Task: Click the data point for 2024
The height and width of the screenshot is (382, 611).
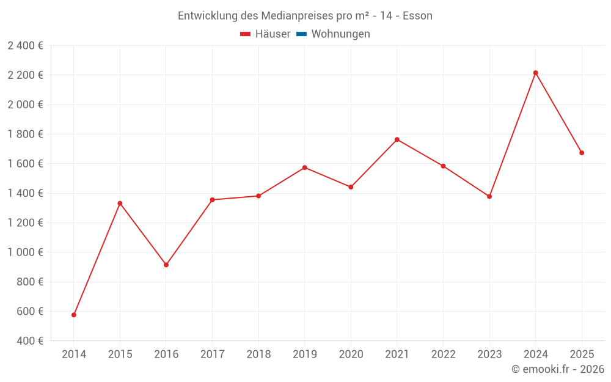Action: [535, 73]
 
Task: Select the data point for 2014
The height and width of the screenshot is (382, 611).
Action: [74, 315]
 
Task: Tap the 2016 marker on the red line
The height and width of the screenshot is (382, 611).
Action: [166, 265]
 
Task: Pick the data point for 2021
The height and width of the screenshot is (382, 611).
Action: [397, 139]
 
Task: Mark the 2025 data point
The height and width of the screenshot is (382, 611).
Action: [582, 153]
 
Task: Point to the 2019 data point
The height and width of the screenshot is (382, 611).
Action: [305, 167]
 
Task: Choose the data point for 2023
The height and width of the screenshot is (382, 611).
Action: [489, 196]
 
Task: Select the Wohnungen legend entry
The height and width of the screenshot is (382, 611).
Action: [340, 34]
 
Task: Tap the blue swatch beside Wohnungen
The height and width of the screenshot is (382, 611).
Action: [301, 34]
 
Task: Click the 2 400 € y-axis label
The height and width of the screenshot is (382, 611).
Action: [25, 45]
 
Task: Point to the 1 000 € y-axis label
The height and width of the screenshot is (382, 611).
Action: [25, 252]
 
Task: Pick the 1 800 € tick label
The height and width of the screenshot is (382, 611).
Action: [25, 134]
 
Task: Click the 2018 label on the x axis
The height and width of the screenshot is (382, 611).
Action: [258, 354]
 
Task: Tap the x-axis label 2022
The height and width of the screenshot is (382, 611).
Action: [443, 354]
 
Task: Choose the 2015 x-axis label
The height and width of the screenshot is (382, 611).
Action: [120, 354]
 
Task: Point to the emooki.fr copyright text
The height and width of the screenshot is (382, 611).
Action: [557, 369]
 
